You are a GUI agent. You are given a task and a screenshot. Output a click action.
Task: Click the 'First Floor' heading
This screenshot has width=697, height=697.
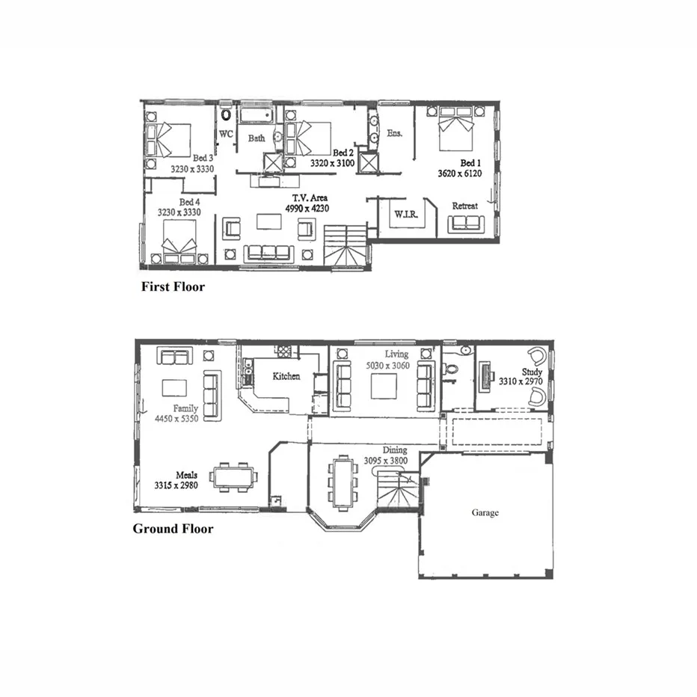(173, 286)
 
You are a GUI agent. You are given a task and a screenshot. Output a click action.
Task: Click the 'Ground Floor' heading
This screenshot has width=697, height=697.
(173, 529)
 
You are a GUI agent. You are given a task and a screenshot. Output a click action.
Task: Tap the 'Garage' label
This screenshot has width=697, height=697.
(485, 513)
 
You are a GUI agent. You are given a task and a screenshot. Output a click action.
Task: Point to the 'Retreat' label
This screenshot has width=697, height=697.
(465, 206)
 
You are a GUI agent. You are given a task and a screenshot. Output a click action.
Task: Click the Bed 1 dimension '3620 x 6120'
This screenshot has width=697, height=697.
(459, 173)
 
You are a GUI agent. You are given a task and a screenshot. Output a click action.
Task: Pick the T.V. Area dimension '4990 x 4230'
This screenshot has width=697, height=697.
(307, 209)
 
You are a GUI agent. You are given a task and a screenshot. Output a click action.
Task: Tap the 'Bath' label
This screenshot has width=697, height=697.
(257, 138)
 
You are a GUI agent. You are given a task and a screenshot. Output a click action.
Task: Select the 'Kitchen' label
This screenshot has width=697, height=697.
(286, 376)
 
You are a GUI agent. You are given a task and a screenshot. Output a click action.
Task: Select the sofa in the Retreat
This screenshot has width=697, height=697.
(466, 224)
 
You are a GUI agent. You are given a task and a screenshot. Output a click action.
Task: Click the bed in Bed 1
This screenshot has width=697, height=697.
(455, 129)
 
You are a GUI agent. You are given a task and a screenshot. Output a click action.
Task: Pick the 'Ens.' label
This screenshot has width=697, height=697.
(395, 133)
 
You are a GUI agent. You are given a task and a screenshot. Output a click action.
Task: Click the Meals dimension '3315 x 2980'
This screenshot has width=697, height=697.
(176, 485)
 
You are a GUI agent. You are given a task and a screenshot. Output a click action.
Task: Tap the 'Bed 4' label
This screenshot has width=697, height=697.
(189, 202)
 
